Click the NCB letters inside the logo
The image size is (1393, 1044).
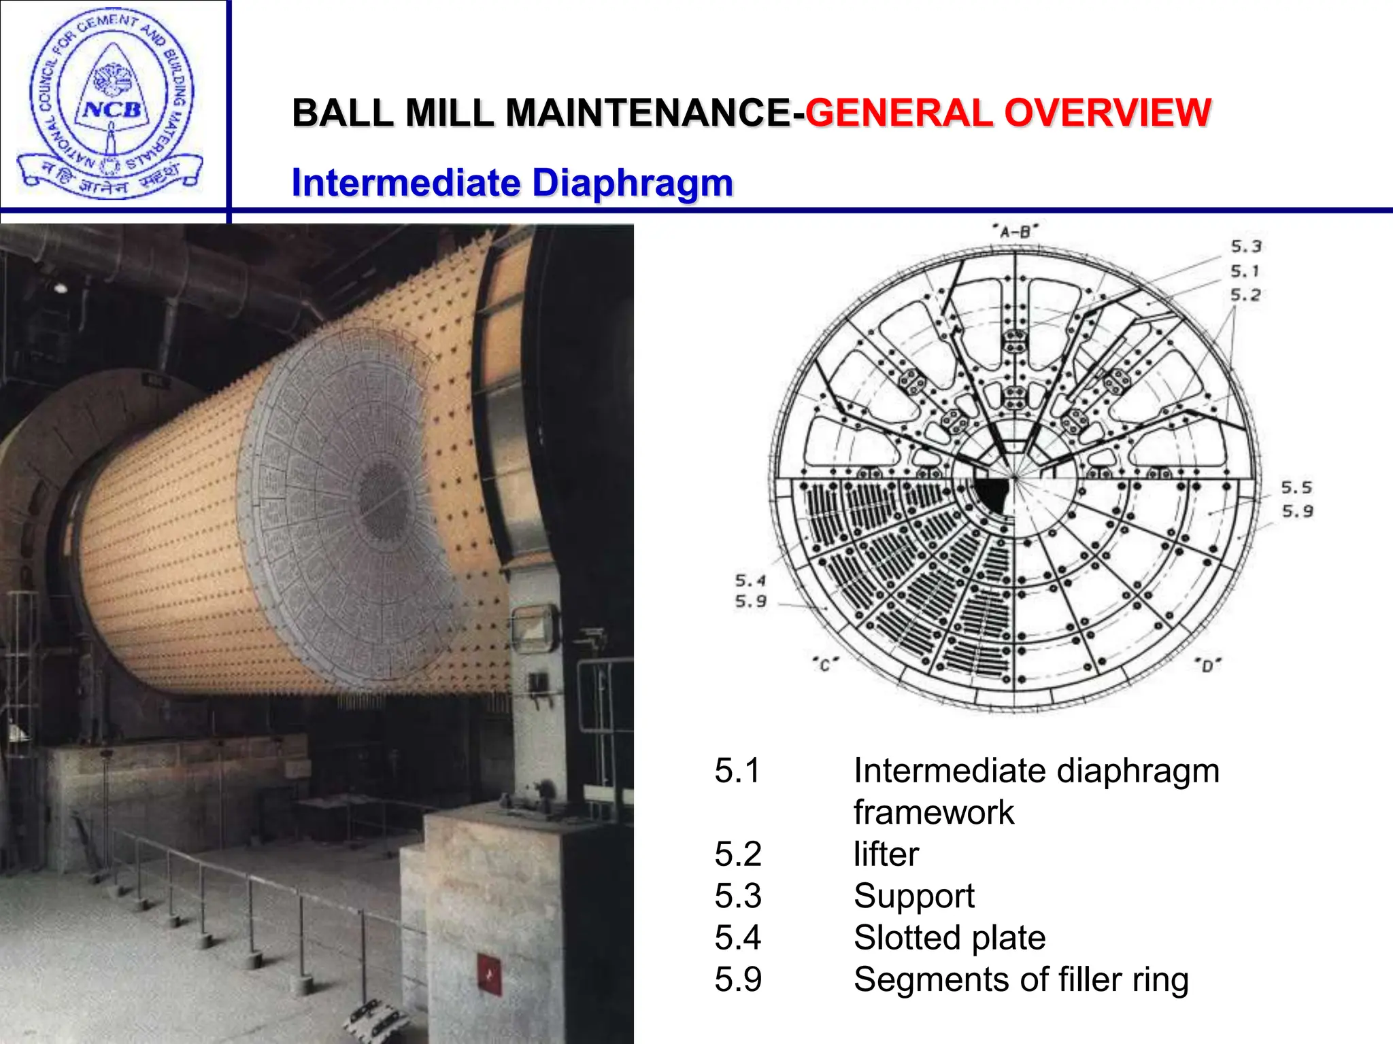coord(112,109)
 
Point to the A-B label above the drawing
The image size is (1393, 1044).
coord(1015,232)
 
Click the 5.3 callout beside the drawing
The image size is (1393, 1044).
coord(1245,247)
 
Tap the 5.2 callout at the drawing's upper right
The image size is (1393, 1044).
coord(1245,295)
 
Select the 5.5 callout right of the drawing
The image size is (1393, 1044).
coord(1296,487)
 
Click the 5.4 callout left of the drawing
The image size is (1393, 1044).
coord(750,580)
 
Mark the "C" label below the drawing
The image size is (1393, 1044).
coord(825,664)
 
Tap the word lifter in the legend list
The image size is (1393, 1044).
coord(886,854)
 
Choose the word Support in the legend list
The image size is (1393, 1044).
coord(913,897)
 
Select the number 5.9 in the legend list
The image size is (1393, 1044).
coord(738,980)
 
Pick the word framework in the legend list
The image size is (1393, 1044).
coord(933,813)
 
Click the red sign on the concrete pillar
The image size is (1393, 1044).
coord(489,974)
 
